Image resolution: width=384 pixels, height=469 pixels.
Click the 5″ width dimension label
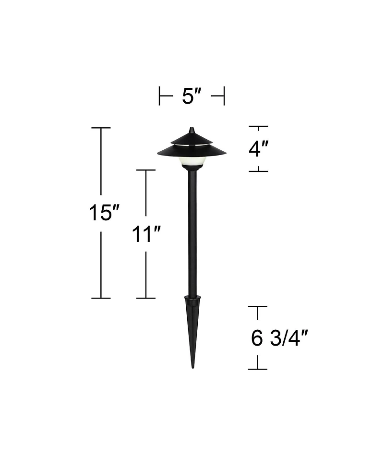(192, 96)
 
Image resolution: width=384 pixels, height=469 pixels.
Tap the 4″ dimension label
(258, 149)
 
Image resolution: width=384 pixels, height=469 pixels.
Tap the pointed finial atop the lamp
(192, 130)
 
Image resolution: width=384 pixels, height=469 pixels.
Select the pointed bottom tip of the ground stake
(193, 366)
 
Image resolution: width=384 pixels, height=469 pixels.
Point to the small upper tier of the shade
(192, 139)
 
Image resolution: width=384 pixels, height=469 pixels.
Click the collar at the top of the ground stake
(192, 301)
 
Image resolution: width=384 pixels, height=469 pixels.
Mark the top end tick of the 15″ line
(101, 128)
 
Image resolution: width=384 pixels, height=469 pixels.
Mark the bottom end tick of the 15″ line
(101, 298)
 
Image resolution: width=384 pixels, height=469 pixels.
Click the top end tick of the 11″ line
(146, 170)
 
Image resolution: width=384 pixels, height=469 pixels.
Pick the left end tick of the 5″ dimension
(159, 96)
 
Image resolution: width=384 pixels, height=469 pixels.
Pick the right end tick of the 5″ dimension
(224, 96)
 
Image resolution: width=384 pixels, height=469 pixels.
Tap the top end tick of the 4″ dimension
(258, 127)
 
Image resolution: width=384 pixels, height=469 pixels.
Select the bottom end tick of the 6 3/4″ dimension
(258, 369)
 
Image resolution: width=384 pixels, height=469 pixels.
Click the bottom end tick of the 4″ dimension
(258, 170)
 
